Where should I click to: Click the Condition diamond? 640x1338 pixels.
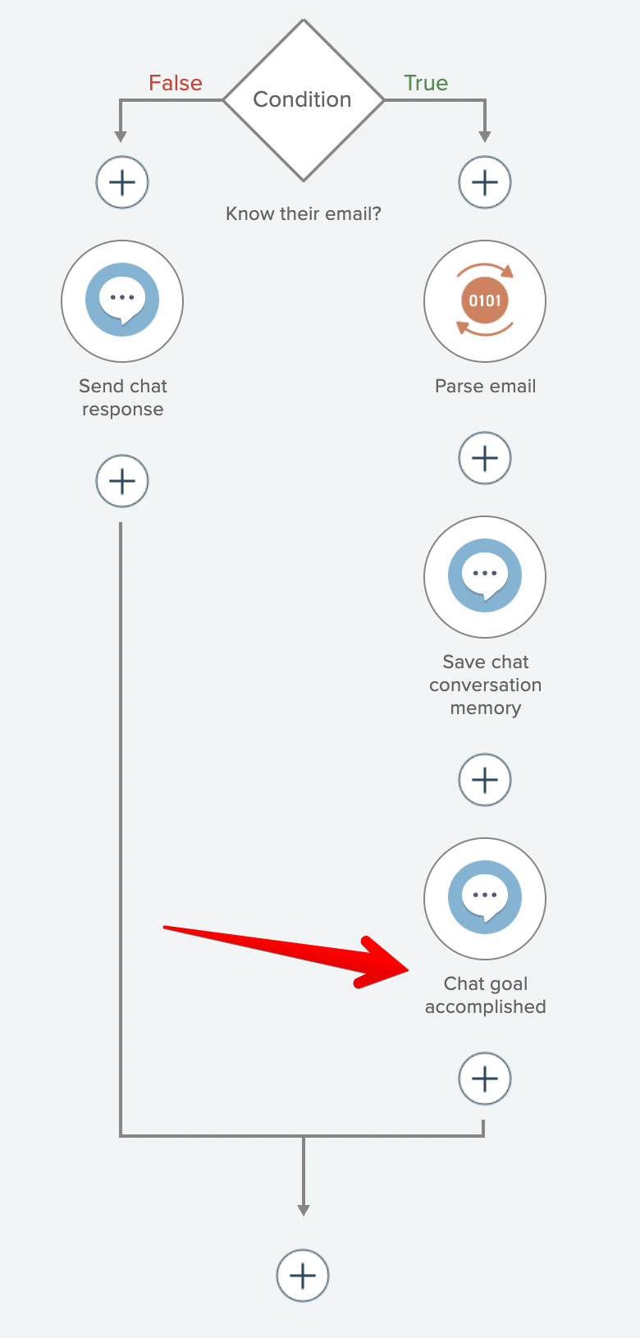(x=303, y=100)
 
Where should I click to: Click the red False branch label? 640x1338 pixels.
(x=176, y=83)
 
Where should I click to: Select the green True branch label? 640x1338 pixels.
(x=426, y=83)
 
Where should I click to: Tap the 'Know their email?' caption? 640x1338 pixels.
(x=303, y=214)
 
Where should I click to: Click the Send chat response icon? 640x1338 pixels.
(x=122, y=300)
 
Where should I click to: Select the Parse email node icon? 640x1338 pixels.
(x=485, y=300)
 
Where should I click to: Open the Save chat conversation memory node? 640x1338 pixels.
(x=485, y=576)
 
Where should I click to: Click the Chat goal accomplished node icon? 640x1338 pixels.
(x=485, y=898)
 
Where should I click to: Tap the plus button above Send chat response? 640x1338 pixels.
(x=122, y=182)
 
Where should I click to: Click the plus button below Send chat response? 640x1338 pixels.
(x=122, y=481)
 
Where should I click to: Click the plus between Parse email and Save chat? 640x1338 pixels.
(x=485, y=458)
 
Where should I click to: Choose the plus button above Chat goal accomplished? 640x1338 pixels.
(x=485, y=780)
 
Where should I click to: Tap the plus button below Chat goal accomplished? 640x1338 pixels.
(x=485, y=1079)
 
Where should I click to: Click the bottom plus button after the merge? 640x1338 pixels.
(x=303, y=1276)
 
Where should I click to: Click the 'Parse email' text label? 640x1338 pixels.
(x=485, y=387)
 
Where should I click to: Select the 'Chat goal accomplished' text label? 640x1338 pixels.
(x=485, y=995)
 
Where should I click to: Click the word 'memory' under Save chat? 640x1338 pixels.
(x=485, y=708)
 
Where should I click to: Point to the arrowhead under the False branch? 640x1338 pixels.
(x=121, y=136)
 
